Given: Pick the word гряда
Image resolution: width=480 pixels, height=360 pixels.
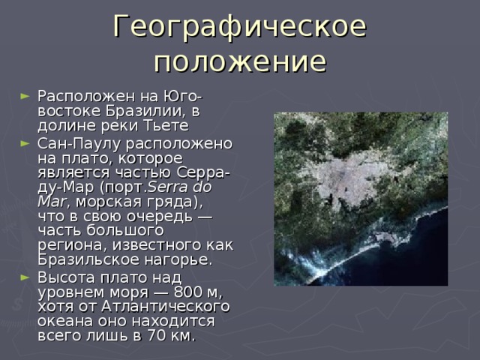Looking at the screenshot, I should coord(169,202).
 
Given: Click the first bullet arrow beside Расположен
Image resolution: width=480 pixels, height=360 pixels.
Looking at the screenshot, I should coord(28,97).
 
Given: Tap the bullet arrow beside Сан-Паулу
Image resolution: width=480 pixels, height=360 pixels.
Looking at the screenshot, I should coord(28,143).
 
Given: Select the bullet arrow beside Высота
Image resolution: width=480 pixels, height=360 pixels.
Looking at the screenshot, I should coord(28,275).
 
